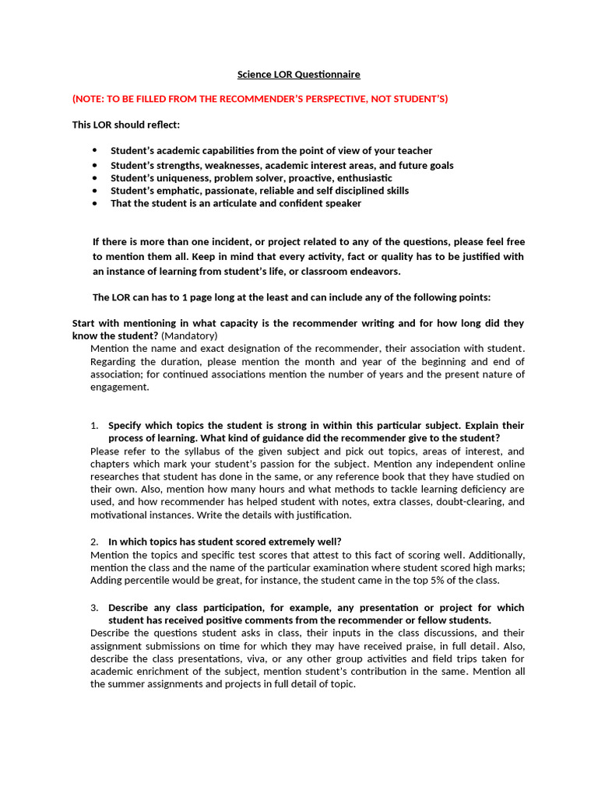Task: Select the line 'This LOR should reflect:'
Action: tap(126, 125)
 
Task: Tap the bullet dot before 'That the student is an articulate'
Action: tap(94, 203)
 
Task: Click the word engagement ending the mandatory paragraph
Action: tap(119, 387)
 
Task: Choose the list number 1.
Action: tap(94, 426)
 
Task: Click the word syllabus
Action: tap(196, 451)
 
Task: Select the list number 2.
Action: tap(94, 542)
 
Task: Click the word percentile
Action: tap(149, 580)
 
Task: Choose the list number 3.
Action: tap(94, 607)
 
